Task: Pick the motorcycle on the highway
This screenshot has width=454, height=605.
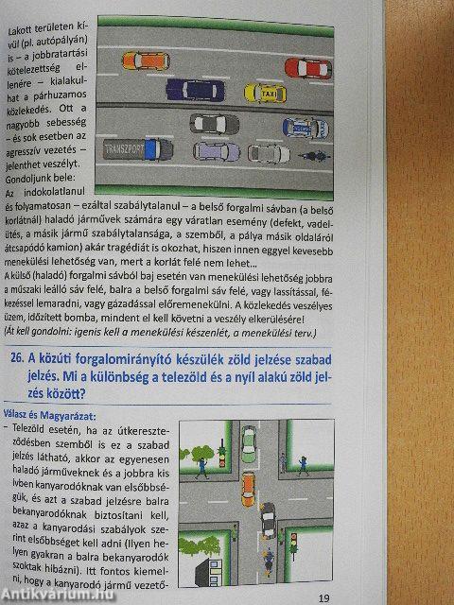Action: (315, 153)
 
